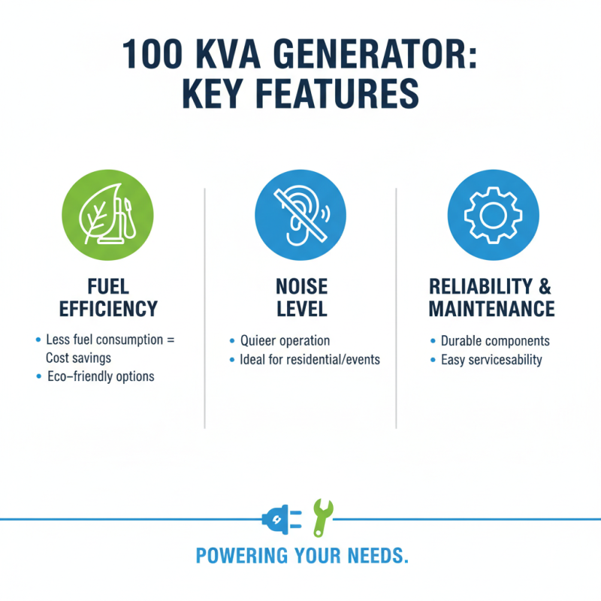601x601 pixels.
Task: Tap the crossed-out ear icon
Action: coord(300,214)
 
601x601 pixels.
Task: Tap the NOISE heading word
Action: coord(300,286)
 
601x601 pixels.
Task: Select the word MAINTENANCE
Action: coord(491,309)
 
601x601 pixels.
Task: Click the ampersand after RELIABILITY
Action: coord(544,286)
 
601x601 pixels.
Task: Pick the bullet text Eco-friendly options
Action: coord(100,376)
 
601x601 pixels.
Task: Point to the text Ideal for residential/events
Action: coord(310,359)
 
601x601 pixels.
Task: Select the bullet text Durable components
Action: coord(495,341)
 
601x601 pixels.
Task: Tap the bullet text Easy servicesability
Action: coord(491,360)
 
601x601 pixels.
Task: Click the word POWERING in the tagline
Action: coord(231,556)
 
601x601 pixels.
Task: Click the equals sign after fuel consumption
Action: coord(170,340)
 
